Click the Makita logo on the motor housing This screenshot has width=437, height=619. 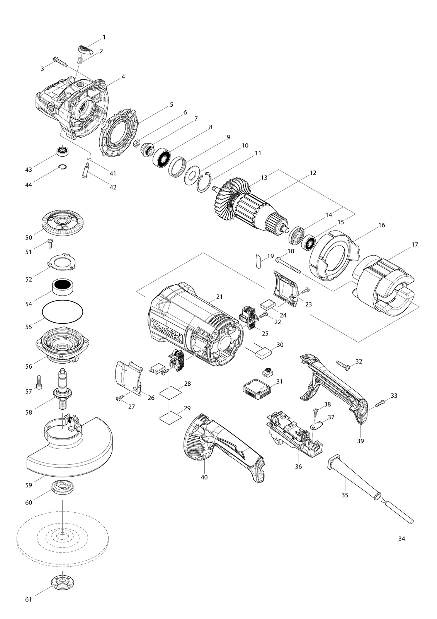pos(166,330)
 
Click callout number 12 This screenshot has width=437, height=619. pos(313,173)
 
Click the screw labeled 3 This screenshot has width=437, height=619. pos(60,62)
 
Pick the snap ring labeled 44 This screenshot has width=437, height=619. pos(63,167)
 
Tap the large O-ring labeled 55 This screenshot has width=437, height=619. pos(62,311)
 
